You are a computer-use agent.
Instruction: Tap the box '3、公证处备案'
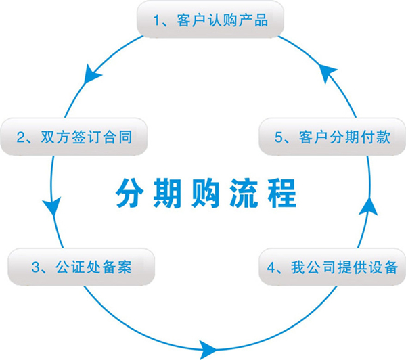81,267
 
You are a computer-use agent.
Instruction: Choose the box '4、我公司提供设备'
332,266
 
